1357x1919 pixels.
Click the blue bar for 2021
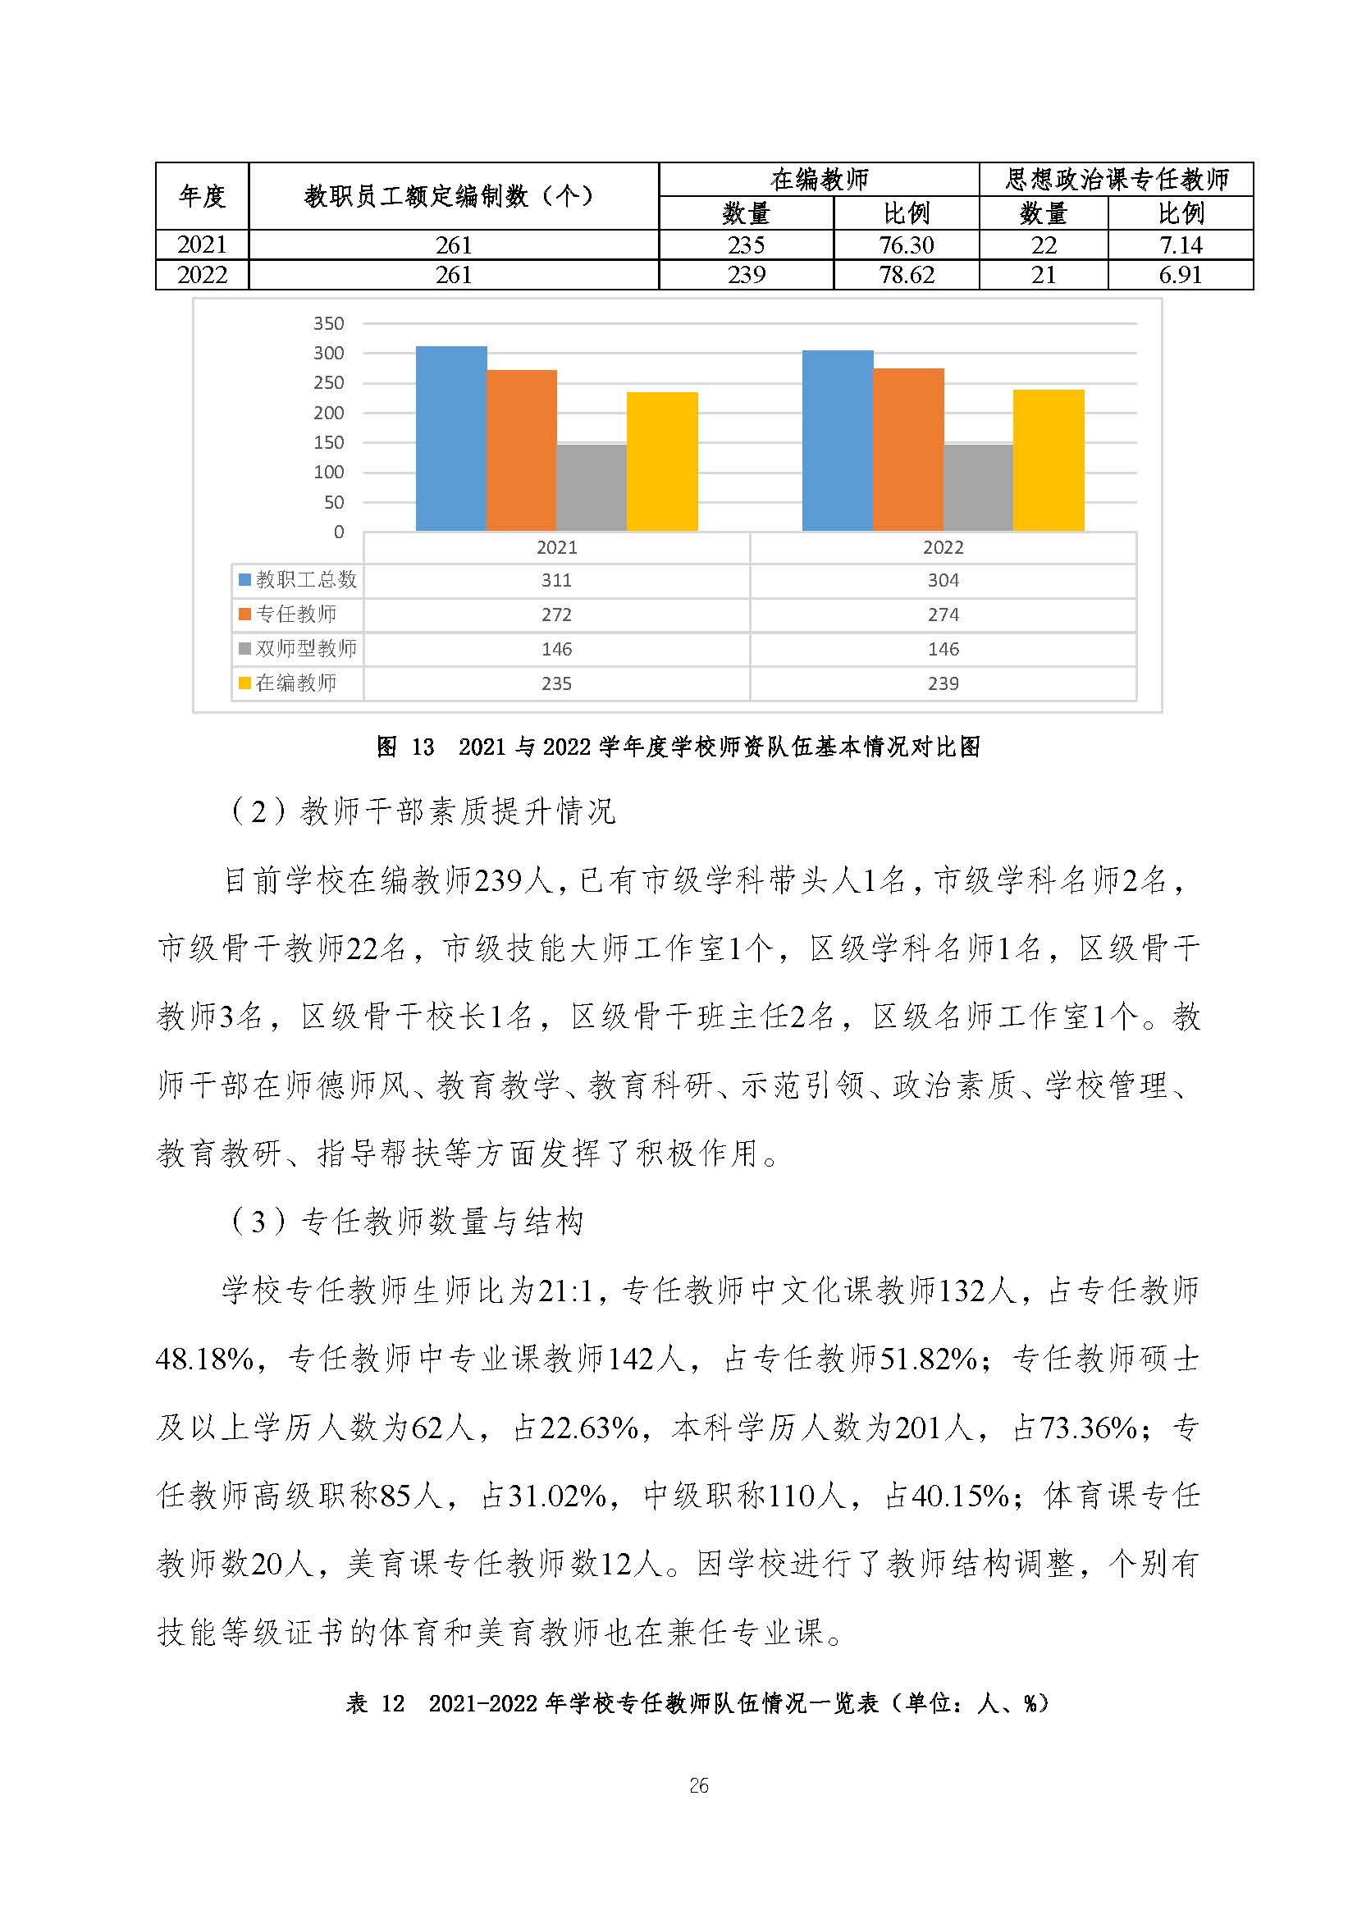click(451, 439)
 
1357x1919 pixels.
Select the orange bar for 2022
click(908, 450)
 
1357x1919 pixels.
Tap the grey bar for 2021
click(592, 487)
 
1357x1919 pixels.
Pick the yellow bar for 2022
click(1049, 459)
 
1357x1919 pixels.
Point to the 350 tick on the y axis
click(328, 323)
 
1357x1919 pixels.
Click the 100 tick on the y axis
click(328, 473)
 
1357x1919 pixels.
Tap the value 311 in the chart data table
click(556, 580)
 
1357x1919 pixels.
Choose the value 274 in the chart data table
click(944, 615)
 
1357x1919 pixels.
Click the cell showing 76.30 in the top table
click(907, 244)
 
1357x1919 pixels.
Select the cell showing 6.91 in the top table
click(1180, 275)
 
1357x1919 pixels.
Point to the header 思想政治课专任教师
click(1117, 179)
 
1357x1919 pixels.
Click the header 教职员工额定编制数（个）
click(454, 196)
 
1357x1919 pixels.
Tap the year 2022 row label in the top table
click(202, 275)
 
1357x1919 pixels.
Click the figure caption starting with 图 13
click(678, 747)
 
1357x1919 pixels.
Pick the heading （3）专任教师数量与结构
click(407, 1222)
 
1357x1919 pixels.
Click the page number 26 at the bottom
click(698, 1786)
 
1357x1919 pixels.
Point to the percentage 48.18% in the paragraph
click(205, 1358)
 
